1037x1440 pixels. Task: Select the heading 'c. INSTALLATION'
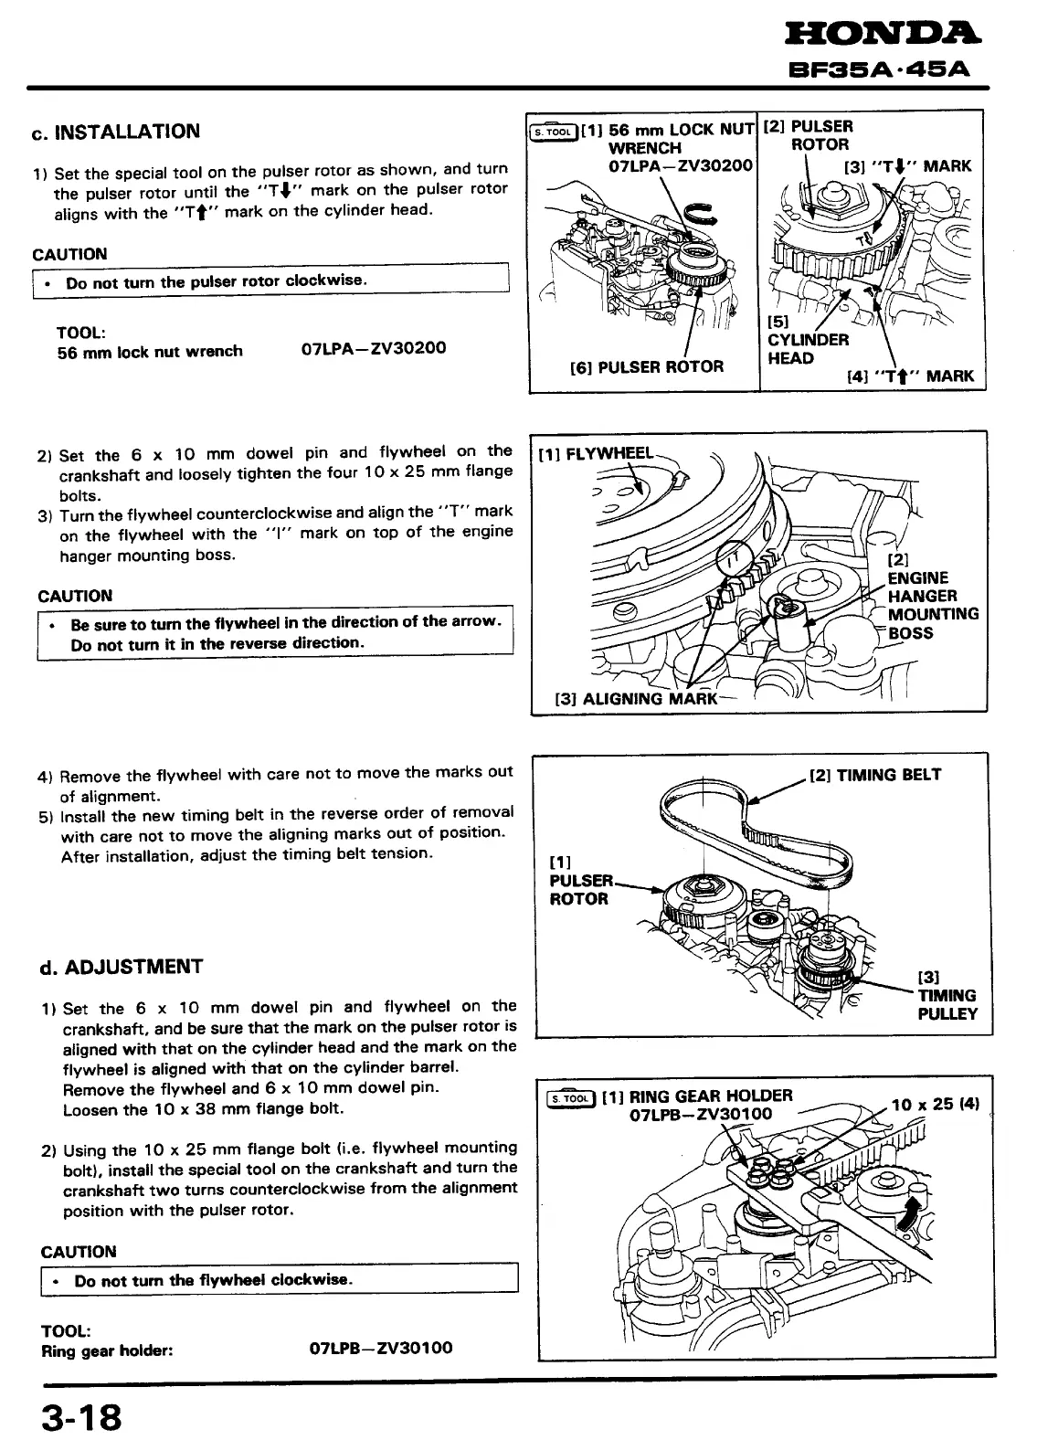(x=115, y=132)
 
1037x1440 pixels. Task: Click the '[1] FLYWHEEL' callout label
(x=596, y=454)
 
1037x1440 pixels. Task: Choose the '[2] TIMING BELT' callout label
(x=875, y=775)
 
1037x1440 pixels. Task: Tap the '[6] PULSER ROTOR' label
(x=646, y=367)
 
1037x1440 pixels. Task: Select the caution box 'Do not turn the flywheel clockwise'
(x=278, y=1279)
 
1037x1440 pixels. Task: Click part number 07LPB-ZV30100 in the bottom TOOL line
(x=381, y=1349)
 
